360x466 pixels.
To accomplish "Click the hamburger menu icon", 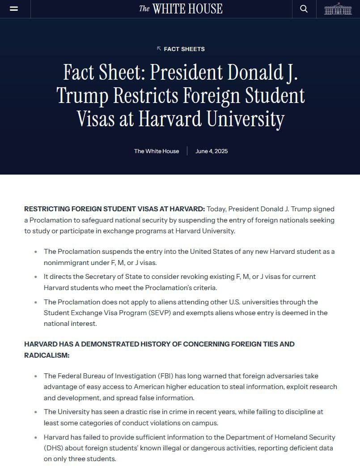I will click(x=14, y=9).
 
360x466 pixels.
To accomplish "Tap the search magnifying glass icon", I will click(x=304, y=9).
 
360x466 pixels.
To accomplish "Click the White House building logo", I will click(x=338, y=9).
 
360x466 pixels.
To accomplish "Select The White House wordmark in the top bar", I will click(x=181, y=9).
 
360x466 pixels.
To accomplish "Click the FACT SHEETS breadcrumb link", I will click(x=184, y=49).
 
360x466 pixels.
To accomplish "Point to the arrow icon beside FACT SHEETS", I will click(x=159, y=48).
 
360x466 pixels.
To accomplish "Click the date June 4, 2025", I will click(x=212, y=151).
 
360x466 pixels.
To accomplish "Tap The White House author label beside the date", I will click(x=157, y=151).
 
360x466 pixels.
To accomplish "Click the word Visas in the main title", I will click(x=97, y=119).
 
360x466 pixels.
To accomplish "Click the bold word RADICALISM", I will click(x=47, y=355).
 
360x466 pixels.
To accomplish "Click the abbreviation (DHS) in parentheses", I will click(x=55, y=448).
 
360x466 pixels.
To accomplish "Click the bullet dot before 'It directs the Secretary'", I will click(x=36, y=277).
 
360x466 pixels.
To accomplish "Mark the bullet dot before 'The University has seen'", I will click(x=36, y=412).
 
